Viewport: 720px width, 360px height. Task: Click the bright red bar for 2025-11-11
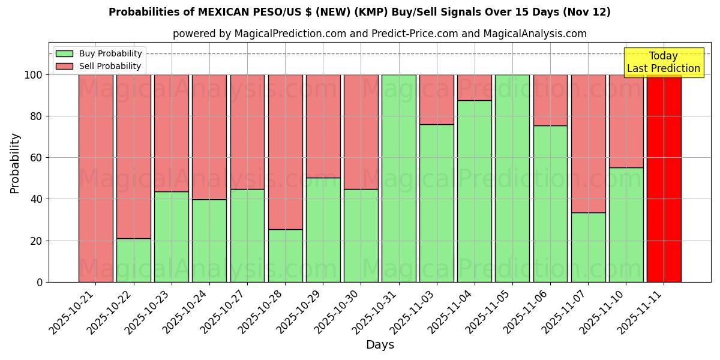coord(664,178)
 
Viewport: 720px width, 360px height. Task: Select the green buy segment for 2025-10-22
coord(133,260)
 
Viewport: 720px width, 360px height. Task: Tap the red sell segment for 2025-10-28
coord(285,152)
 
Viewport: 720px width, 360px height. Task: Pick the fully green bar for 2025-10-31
coord(398,178)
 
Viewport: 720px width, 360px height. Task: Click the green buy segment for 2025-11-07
coord(588,247)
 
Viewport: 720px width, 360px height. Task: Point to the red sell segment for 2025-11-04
coord(474,88)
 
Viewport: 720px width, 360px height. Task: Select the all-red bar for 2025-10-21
coord(95,178)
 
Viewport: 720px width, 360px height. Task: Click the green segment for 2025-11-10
coord(626,224)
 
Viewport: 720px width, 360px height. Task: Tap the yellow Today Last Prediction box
coord(663,62)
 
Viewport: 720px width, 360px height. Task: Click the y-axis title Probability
coord(15,163)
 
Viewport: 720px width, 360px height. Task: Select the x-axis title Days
coord(380,345)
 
